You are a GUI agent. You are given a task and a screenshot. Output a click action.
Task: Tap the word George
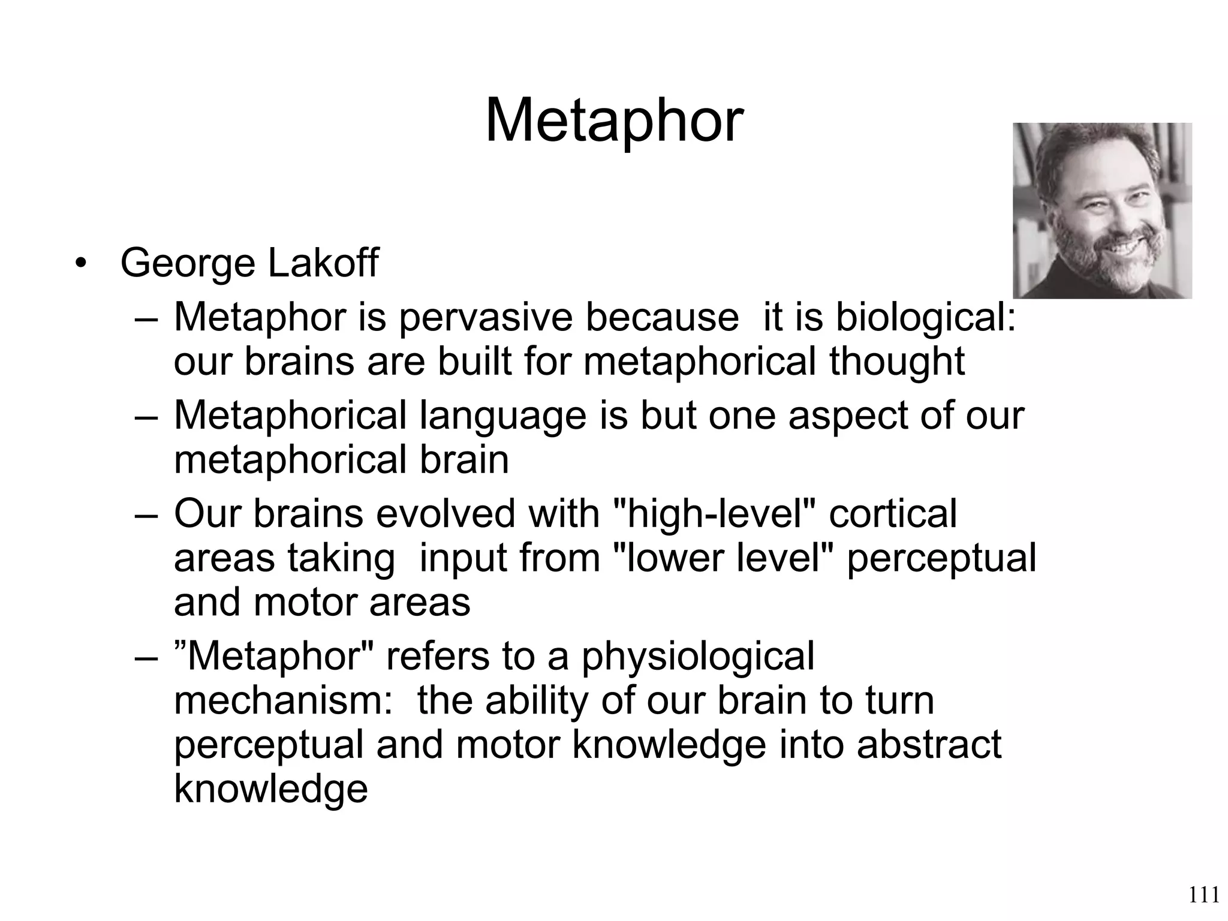tap(188, 264)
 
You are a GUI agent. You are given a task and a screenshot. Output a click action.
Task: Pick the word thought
tap(897, 362)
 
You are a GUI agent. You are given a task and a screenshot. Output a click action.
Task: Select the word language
tap(502, 416)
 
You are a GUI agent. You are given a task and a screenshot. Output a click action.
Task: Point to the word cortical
tap(893, 514)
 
